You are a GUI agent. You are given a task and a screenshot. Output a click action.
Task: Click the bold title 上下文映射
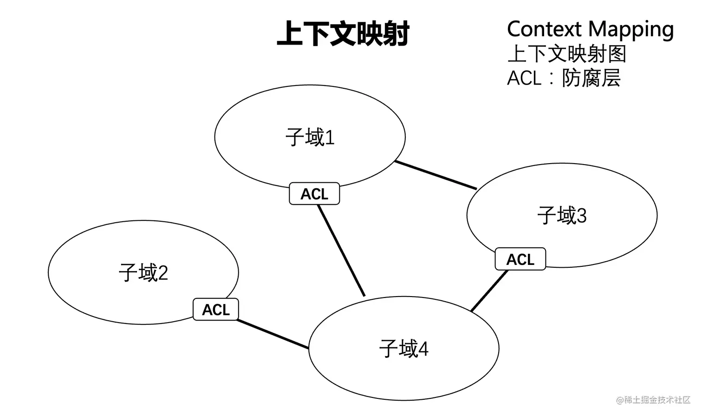click(x=343, y=34)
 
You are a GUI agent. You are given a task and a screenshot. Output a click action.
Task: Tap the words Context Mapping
click(x=590, y=29)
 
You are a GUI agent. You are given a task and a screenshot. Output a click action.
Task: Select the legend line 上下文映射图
click(x=566, y=54)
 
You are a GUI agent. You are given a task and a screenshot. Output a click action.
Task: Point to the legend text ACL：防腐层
click(x=564, y=78)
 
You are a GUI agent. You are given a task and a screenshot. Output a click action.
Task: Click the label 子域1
click(x=310, y=138)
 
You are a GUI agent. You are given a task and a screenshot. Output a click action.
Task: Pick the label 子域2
click(x=143, y=273)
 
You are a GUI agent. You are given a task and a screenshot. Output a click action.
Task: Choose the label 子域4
click(x=403, y=349)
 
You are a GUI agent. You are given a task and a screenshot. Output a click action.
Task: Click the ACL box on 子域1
click(x=314, y=194)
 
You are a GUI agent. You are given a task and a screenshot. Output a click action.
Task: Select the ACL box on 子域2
click(x=216, y=310)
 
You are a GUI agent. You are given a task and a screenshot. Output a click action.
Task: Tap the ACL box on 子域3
click(x=520, y=259)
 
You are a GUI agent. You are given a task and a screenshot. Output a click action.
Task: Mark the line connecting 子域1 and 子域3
click(x=435, y=175)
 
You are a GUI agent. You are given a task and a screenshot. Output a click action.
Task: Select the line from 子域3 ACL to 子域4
click(x=489, y=291)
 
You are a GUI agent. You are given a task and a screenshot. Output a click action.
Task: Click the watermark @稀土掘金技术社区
click(x=653, y=400)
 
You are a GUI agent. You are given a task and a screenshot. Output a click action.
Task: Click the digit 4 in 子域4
click(x=423, y=349)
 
